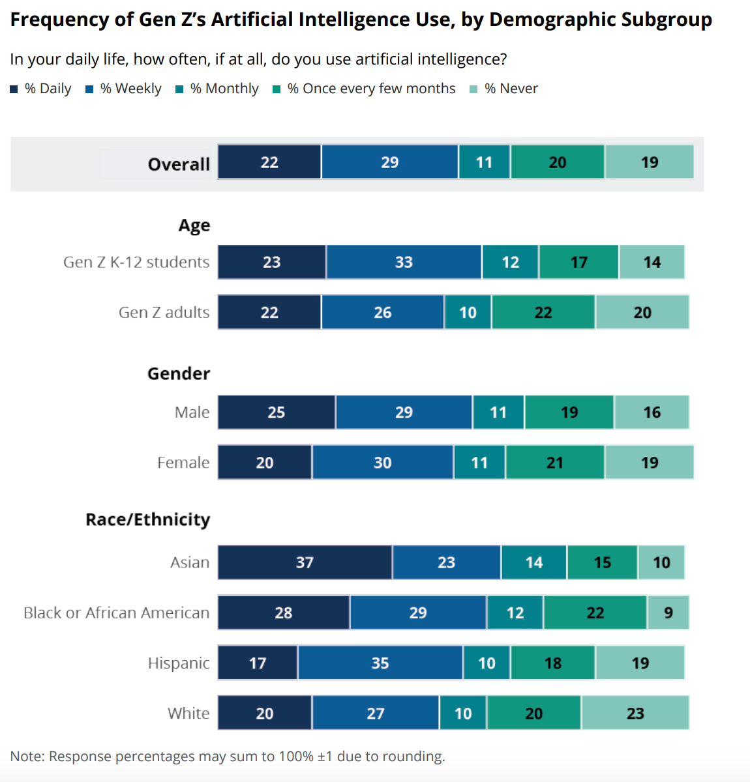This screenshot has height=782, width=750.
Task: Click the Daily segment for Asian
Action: pos(305,562)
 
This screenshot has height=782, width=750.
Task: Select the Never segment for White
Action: pos(635,713)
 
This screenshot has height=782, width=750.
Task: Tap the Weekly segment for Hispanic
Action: pos(380,663)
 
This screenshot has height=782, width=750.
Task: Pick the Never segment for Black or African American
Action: pos(668,613)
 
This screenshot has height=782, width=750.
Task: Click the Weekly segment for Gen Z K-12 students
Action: pos(404,262)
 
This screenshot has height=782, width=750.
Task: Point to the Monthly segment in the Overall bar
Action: pos(484,162)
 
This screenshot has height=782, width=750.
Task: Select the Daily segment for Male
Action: pos(277,412)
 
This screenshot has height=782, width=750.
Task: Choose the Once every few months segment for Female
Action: pos(554,462)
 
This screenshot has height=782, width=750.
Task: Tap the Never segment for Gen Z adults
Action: pos(642,312)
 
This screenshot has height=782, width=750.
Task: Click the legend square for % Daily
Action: pos(14,89)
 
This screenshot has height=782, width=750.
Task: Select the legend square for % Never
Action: pos(473,89)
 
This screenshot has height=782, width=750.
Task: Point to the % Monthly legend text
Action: pos(224,89)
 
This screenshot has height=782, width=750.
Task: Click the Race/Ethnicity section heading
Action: pos(148,519)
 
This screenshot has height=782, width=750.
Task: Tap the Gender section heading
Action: pos(179,373)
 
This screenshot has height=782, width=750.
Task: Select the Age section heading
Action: pos(194,225)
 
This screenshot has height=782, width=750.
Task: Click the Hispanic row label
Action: pos(179,663)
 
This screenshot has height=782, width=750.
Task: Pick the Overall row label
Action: pos(179,164)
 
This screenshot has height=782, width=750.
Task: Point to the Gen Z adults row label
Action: pos(164,312)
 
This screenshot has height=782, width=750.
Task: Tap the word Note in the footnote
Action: pos(27,756)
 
